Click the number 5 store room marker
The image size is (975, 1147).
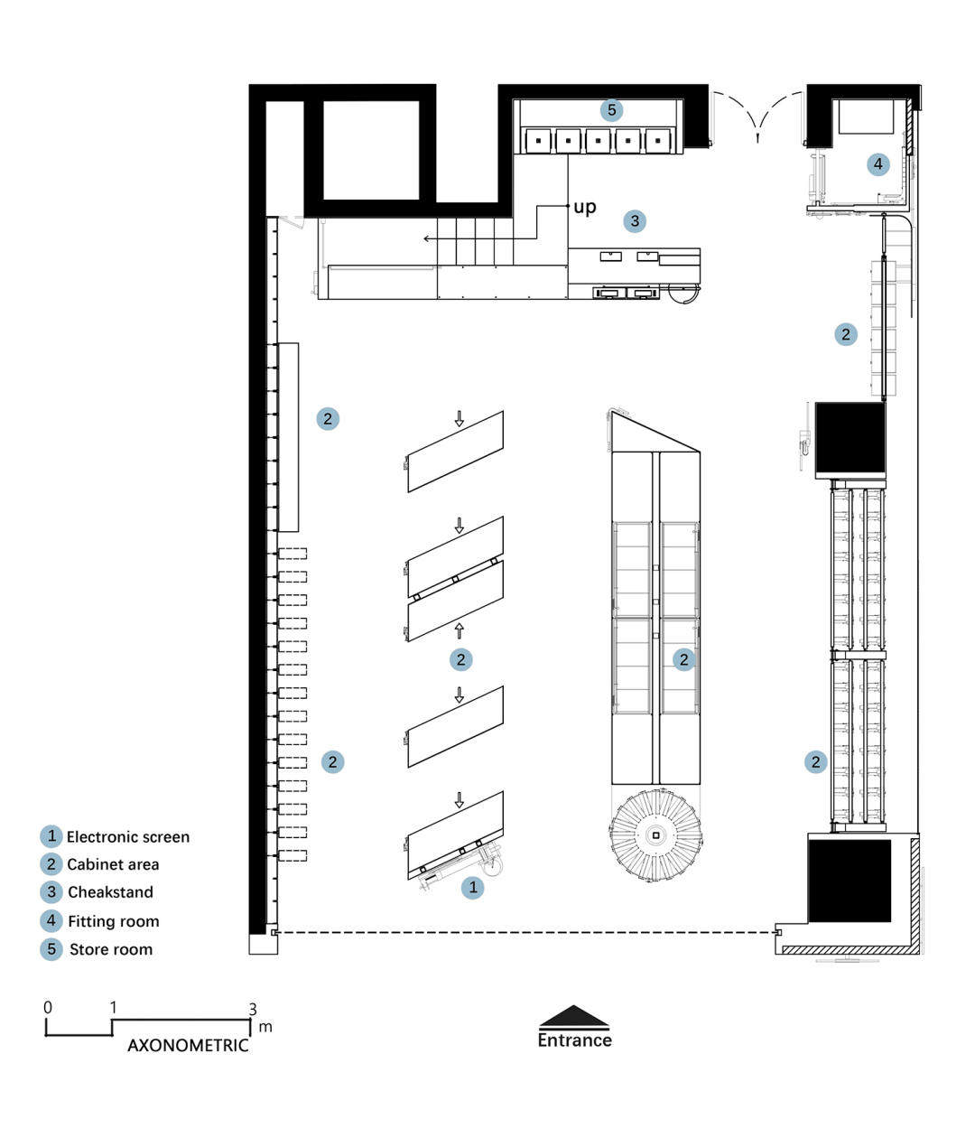point(611,110)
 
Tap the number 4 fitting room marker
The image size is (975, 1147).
point(877,164)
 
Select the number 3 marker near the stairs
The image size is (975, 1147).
point(635,221)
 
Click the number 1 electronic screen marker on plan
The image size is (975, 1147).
point(472,887)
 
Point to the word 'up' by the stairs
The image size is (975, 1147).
point(585,207)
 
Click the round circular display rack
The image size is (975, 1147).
point(655,835)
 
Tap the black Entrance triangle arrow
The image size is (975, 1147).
point(574,1015)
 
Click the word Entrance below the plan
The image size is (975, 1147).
point(574,1040)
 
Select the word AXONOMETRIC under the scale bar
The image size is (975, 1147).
point(188,1046)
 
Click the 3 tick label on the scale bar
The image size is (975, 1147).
point(253,1009)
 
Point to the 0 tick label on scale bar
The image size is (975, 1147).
point(48,1007)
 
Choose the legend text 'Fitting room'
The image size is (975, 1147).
point(114,921)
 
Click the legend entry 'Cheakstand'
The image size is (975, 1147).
point(110,891)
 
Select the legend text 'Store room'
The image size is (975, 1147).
point(111,949)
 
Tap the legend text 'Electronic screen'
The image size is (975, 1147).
point(128,837)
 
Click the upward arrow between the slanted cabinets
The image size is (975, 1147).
point(460,630)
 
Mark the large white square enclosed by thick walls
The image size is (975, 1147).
point(371,150)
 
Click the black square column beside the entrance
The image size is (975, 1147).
point(850,881)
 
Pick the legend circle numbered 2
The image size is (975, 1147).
point(51,864)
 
